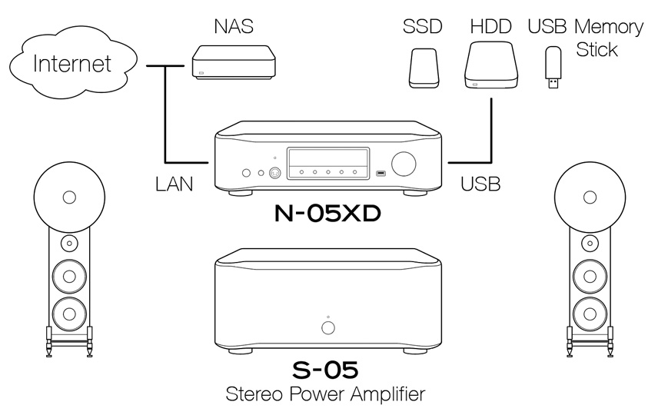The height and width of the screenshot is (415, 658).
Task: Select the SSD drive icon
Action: (423, 68)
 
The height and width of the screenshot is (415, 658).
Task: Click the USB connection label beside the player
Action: (480, 184)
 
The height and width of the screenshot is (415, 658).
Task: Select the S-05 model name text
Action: (327, 371)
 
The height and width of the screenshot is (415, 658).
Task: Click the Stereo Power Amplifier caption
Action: (326, 396)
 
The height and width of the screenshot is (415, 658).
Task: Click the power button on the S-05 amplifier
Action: (328, 328)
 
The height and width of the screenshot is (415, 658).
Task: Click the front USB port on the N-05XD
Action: (380, 173)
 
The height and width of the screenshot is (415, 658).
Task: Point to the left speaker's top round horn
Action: (70, 196)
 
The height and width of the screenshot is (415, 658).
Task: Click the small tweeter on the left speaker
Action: (70, 244)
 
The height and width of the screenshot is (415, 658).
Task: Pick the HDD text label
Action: (490, 28)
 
